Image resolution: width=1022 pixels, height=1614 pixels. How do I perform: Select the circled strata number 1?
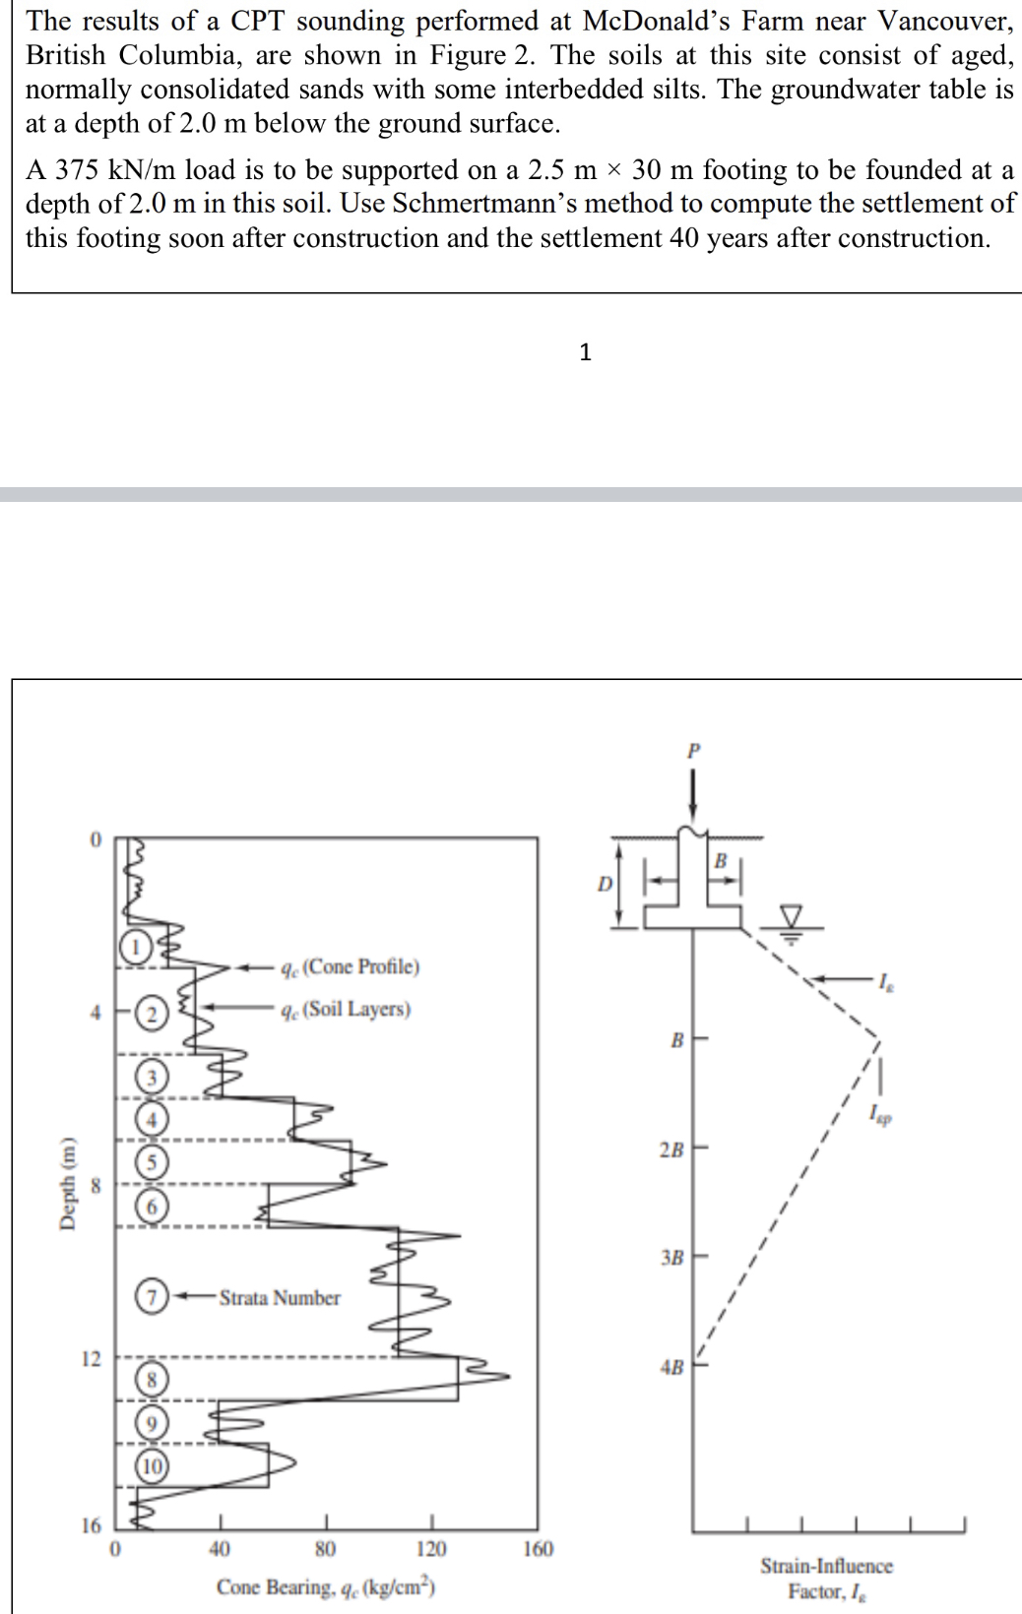click(x=136, y=946)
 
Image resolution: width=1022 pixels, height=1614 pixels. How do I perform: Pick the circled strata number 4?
click(x=152, y=1118)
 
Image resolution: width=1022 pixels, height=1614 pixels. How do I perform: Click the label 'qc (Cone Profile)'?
click(x=350, y=966)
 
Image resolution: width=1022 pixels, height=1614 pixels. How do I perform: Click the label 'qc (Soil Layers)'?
click(x=346, y=1009)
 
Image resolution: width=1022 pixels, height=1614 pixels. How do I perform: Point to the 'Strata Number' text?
click(x=280, y=1297)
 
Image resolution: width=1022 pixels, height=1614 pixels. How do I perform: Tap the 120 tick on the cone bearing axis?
click(x=430, y=1549)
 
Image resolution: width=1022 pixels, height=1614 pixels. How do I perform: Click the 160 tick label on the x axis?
click(x=538, y=1549)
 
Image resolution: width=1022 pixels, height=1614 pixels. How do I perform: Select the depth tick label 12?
click(x=91, y=1359)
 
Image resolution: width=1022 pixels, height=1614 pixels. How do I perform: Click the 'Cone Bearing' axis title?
click(x=326, y=1586)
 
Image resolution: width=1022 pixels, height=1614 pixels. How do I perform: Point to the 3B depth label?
click(x=672, y=1257)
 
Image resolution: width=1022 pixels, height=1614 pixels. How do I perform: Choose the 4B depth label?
click(x=672, y=1367)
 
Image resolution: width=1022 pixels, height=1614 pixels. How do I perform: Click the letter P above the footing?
click(x=694, y=750)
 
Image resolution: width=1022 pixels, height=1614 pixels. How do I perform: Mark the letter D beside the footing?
click(x=605, y=884)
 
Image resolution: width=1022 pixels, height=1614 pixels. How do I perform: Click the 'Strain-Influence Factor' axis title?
click(x=826, y=1578)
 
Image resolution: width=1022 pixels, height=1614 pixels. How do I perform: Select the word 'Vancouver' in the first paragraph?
click(x=945, y=20)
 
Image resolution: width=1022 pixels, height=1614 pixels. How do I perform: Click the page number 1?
click(x=585, y=352)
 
